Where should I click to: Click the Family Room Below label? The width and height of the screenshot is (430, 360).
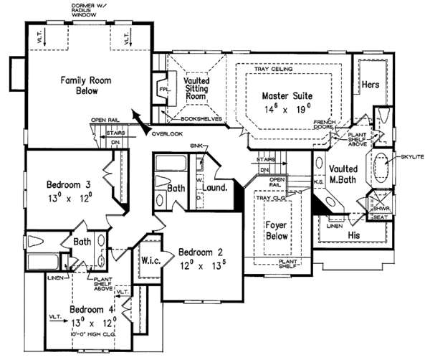click(x=85, y=86)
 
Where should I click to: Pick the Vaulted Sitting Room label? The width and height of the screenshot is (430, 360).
click(x=195, y=89)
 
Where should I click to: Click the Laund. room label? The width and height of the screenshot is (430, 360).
click(x=215, y=188)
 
